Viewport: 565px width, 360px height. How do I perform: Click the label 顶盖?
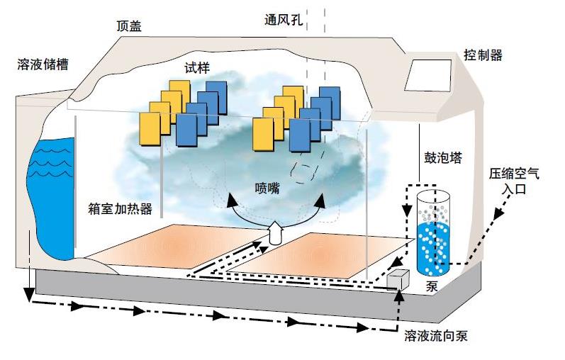128,26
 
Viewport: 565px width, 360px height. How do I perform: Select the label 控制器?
483,54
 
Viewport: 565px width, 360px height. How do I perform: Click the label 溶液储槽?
42,64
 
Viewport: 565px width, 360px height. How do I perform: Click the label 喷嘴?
267,189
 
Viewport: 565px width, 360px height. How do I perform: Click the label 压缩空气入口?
514,181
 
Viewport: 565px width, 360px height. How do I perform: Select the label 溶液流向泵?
435,336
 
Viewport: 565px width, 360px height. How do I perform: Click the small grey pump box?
398,279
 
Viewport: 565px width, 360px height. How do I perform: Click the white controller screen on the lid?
427,75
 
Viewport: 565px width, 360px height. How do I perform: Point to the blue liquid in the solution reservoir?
51,198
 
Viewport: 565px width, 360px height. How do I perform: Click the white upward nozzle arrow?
273,232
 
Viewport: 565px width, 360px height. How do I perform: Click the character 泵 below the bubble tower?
432,286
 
